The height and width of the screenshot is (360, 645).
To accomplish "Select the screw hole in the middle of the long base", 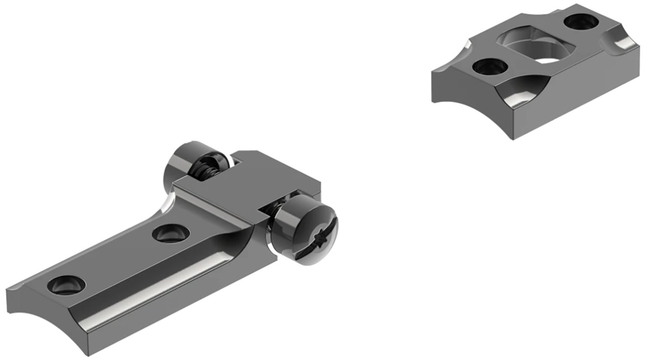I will pyautogui.click(x=171, y=234).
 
